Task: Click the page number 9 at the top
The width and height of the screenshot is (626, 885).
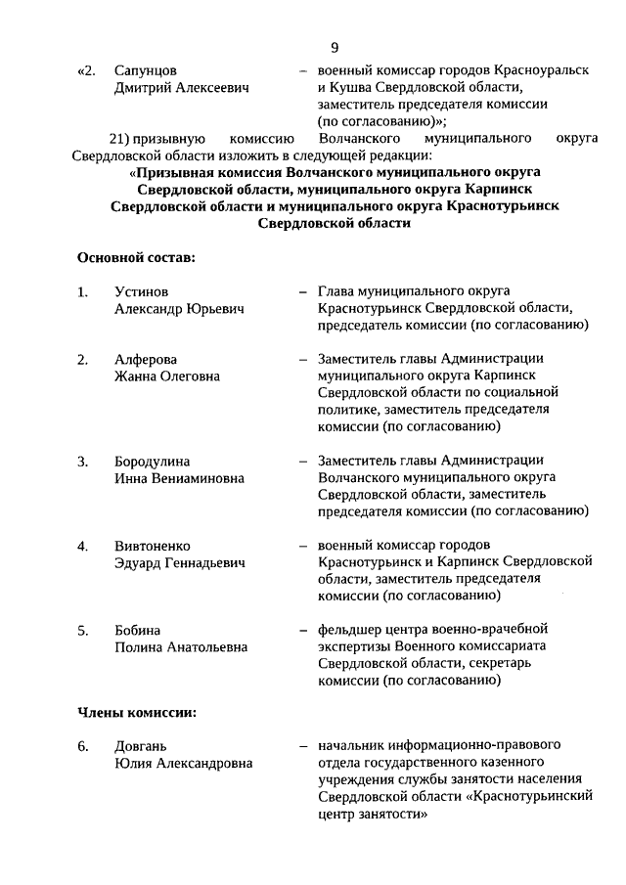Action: [x=335, y=46]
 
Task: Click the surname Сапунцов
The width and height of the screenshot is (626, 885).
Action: [x=146, y=71]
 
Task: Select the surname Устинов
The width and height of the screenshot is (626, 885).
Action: [x=141, y=291]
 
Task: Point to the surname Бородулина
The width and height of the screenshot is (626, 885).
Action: [x=152, y=461]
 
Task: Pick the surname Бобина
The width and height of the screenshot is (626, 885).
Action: [x=137, y=629]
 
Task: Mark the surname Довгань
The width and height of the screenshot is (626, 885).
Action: [x=141, y=746]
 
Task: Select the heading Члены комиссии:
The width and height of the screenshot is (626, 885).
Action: [x=137, y=712]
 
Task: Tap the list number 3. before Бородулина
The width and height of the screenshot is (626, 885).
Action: [x=83, y=461]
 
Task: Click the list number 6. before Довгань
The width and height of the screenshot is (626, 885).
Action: [x=83, y=746]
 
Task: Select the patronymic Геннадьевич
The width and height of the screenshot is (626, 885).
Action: [x=200, y=563]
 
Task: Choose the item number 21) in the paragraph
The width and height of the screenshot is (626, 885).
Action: [x=119, y=138]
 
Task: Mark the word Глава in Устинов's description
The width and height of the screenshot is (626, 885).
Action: [x=337, y=291]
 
